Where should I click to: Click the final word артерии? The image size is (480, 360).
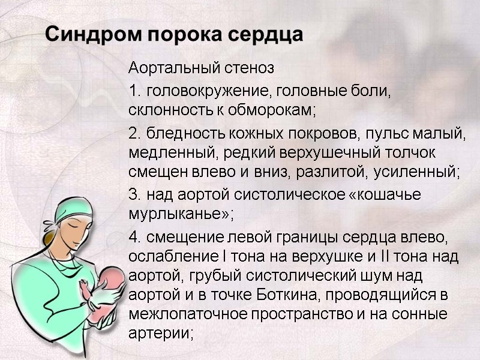tap(160, 334)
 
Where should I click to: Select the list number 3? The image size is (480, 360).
tap(133, 195)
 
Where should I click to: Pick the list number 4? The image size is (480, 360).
tap(134, 238)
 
